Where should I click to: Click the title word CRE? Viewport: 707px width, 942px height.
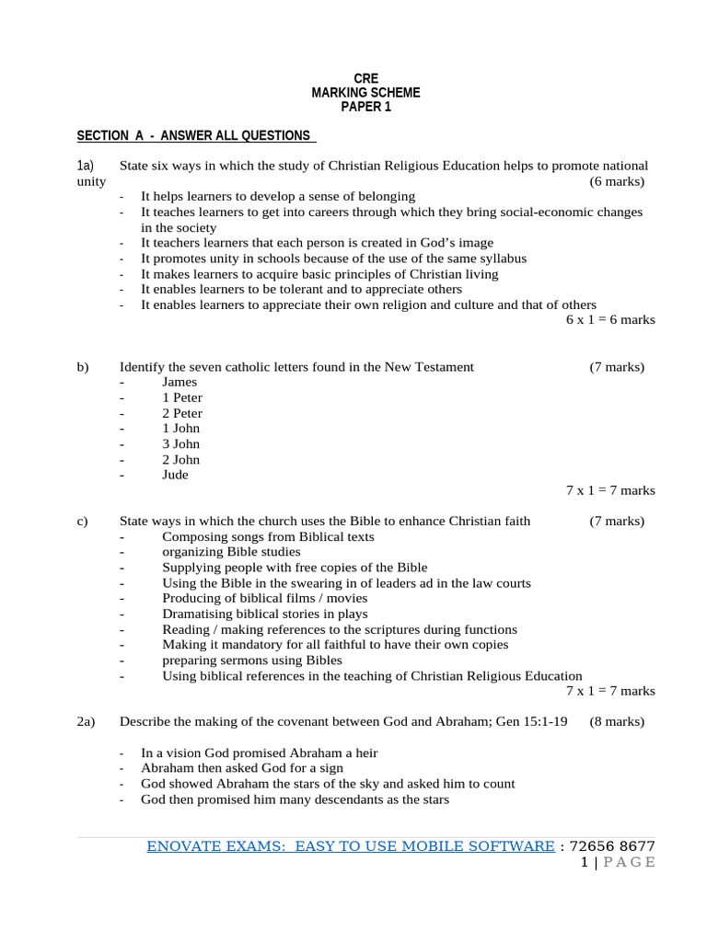click(x=365, y=79)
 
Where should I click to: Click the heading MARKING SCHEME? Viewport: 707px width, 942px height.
click(x=365, y=93)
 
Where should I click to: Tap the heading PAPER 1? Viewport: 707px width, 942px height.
click(x=365, y=107)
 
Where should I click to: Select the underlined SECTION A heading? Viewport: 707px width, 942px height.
click(x=195, y=135)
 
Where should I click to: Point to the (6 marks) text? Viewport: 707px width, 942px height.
click(x=617, y=181)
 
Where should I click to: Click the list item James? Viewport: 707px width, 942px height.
click(x=180, y=382)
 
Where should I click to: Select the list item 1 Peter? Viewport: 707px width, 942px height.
click(x=182, y=397)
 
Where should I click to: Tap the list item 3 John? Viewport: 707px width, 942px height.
click(x=180, y=443)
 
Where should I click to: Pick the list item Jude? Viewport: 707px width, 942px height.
click(x=175, y=475)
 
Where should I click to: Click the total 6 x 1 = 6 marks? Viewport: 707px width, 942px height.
click(x=610, y=320)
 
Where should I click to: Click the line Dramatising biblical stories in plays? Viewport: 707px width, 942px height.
click(x=265, y=614)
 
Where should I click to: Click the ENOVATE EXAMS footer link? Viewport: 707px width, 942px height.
click(x=351, y=846)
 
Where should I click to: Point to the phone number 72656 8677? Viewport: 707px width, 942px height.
click(x=612, y=846)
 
